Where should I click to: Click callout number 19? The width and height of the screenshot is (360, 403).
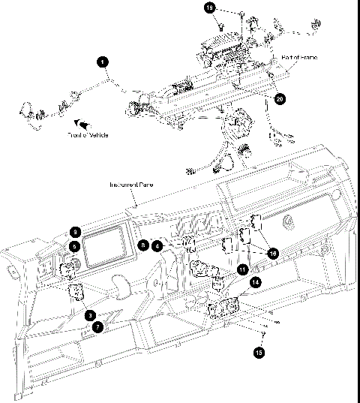point(210,7)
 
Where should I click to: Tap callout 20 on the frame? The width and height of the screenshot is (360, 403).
point(280,98)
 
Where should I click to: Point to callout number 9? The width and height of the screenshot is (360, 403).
point(75,232)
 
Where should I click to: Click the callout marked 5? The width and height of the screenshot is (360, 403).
point(75,245)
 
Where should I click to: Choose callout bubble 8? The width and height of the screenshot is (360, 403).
point(143,245)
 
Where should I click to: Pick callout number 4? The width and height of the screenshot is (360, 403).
point(157,245)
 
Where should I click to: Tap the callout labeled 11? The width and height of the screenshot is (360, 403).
point(242,269)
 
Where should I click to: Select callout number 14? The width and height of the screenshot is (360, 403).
point(256,282)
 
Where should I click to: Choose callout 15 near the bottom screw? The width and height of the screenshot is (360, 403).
point(259,350)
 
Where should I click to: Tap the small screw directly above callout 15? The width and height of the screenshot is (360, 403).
point(263,331)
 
